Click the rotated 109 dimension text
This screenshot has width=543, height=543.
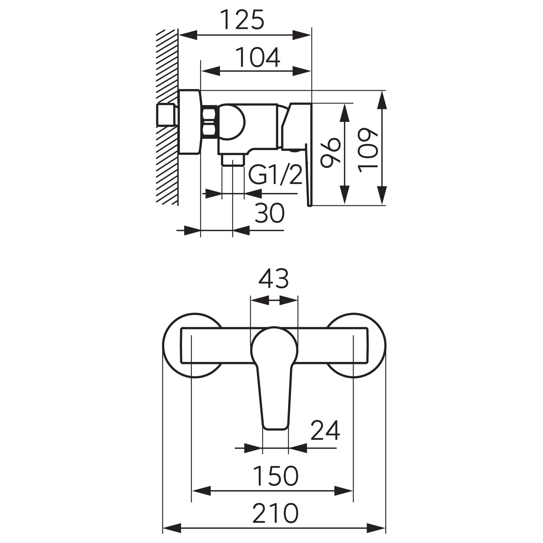click(368, 150)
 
